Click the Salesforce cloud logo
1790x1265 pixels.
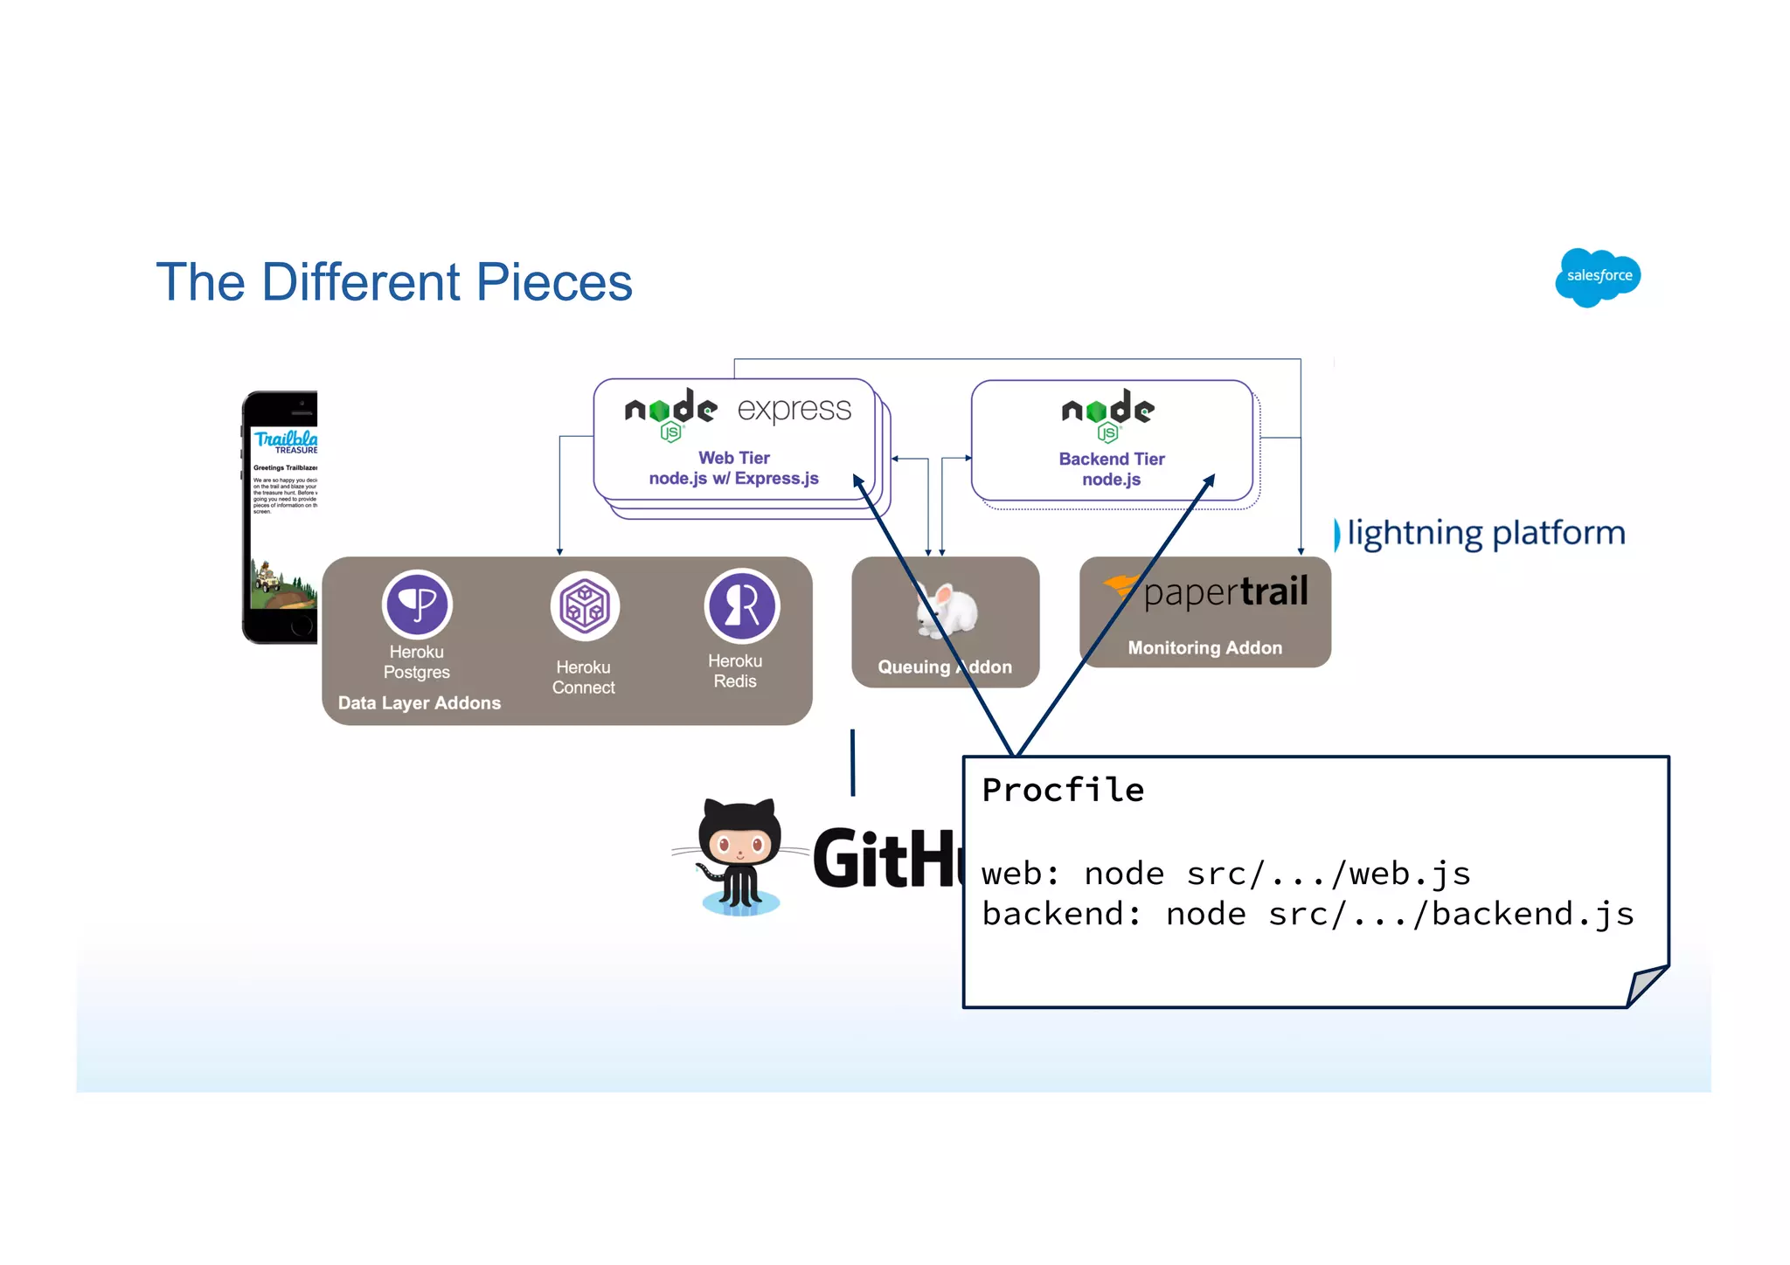tap(1598, 276)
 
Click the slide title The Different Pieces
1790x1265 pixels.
tap(393, 282)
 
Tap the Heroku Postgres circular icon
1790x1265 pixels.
tap(417, 604)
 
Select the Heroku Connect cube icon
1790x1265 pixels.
tap(585, 605)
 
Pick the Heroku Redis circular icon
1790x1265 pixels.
tap(741, 605)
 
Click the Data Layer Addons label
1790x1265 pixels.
tap(420, 703)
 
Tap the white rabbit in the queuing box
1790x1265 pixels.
tap(948, 609)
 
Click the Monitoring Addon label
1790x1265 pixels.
tap(1204, 648)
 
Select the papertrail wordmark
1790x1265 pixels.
tap(1224, 592)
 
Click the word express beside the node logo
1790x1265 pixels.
tap(794, 409)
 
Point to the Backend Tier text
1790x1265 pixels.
tap(1112, 459)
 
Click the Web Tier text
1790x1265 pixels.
tap(734, 458)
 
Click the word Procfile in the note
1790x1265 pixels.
tap(1063, 790)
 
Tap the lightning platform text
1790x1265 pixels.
tap(1485, 533)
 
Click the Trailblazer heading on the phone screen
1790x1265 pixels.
tap(285, 439)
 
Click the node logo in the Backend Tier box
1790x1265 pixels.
tap(1107, 413)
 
